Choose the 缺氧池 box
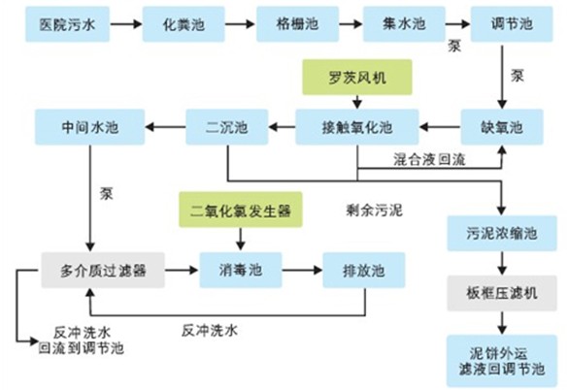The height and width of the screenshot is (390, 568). coord(502,124)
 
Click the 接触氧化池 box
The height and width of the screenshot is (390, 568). coord(357,124)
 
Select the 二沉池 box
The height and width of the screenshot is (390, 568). coord(227,124)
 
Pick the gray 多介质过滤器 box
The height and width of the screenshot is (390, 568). coord(102,264)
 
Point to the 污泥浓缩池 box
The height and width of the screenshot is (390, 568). coord(502,234)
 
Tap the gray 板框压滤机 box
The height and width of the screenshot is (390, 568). coord(502,291)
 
